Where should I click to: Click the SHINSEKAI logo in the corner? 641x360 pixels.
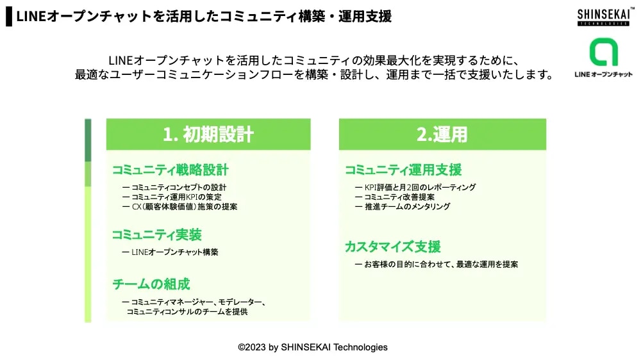[604, 17]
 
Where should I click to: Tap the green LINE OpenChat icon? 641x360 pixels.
[603, 52]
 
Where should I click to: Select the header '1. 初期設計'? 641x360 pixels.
[208, 135]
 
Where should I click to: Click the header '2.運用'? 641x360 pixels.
[442, 135]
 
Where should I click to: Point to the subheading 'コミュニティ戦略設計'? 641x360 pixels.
[171, 170]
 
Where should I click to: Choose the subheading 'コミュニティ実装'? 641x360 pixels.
[157, 234]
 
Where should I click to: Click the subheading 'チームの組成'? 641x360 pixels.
[151, 284]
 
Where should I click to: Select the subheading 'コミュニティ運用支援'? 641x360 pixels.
[403, 170]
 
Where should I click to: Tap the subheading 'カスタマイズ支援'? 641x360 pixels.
[393, 247]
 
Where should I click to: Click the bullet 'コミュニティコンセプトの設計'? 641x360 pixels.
[174, 187]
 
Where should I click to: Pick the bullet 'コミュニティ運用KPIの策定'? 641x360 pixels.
[172, 197]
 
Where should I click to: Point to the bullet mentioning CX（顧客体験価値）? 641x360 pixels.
[180, 207]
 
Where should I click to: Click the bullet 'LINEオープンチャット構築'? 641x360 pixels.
[171, 252]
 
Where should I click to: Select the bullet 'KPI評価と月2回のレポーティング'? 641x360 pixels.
[416, 187]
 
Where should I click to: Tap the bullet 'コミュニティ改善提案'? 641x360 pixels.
[395, 197]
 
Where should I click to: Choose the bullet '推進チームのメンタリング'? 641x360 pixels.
[403, 207]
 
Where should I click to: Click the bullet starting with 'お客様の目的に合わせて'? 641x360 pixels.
[437, 265]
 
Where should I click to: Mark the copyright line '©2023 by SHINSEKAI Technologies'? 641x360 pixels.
[313, 347]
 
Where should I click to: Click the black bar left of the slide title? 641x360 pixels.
[9, 17]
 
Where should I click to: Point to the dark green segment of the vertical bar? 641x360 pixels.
[88, 140]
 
